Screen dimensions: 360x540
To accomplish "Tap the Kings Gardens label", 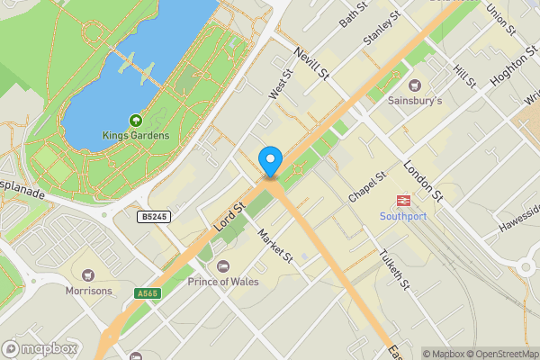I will tap(136, 136).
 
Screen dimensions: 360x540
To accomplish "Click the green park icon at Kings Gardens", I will tap(136, 120).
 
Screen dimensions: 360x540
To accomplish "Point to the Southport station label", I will tap(403, 216).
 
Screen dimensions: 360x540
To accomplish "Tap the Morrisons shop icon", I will tap(87, 274).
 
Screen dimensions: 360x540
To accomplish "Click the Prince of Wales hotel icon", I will tap(223, 265).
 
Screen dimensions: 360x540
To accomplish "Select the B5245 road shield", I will tap(155, 217).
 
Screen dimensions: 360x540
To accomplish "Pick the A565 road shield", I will tap(149, 292).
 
